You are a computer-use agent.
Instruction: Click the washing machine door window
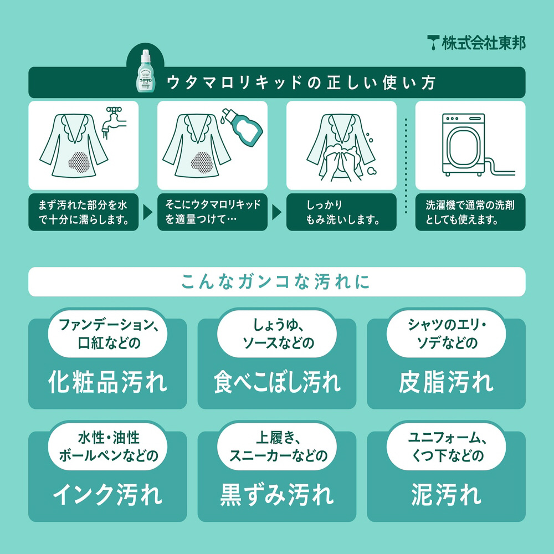coord(463,146)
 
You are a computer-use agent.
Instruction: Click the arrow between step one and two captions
coord(148,212)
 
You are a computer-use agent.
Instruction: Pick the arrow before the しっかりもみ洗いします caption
coord(276,212)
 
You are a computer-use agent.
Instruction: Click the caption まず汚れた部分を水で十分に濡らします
coord(83,212)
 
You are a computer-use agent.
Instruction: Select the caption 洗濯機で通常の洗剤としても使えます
coord(470,212)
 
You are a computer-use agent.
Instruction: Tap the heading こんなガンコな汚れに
coord(275,281)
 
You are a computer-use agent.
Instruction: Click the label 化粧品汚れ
coord(107,382)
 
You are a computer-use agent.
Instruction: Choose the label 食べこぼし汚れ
coord(276,382)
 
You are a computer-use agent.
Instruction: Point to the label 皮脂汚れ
coord(446,382)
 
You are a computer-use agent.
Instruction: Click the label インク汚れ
coord(107,494)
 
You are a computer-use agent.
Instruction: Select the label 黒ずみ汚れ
coord(276,494)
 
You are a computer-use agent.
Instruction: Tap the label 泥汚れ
coord(446,494)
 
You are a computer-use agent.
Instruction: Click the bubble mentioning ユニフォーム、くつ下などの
coord(446,447)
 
